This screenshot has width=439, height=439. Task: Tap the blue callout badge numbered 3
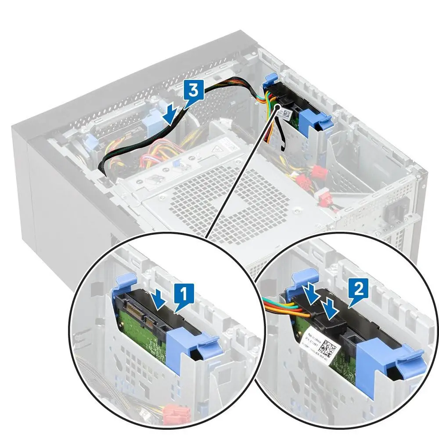pos(193,91)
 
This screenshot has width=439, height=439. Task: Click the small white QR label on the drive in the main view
pos(286,114)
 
